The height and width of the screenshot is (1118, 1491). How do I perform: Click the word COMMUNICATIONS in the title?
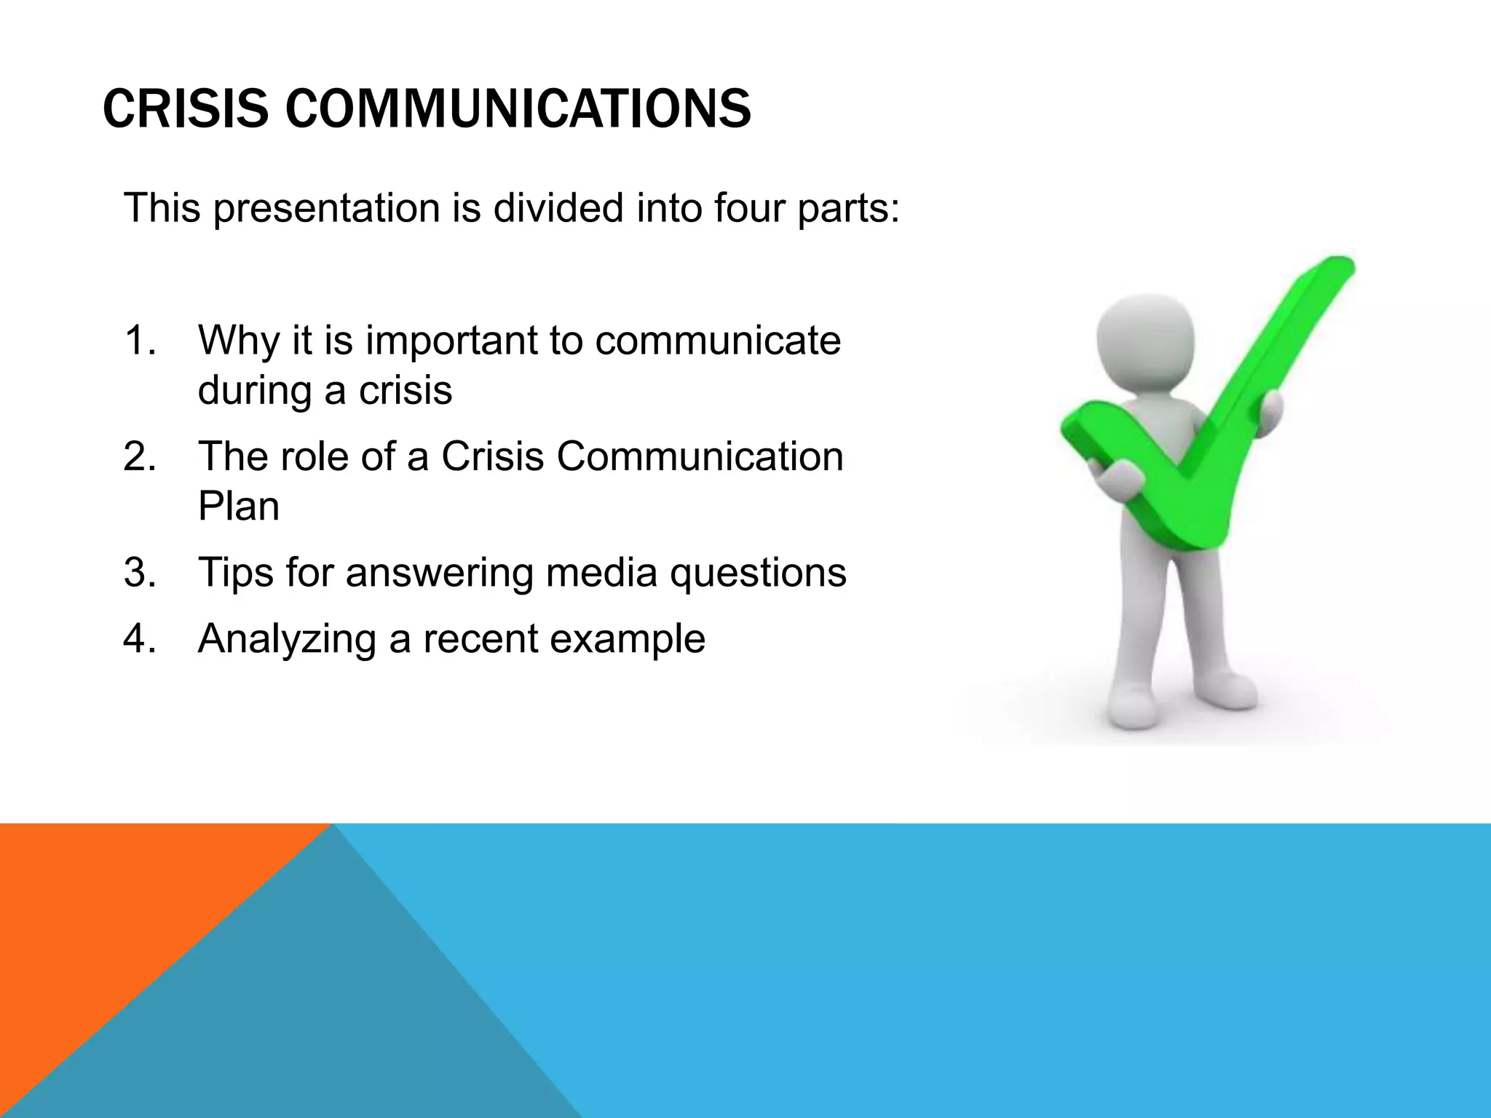518,109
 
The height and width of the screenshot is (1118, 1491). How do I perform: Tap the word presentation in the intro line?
327,208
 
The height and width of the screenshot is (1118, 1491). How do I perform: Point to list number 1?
139,341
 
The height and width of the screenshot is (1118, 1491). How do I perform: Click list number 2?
139,457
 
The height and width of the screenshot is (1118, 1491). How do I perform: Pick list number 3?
139,573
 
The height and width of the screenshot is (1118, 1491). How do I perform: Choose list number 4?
139,639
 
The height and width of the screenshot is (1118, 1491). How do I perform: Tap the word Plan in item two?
238,507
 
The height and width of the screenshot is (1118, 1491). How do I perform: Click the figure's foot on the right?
1230,691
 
